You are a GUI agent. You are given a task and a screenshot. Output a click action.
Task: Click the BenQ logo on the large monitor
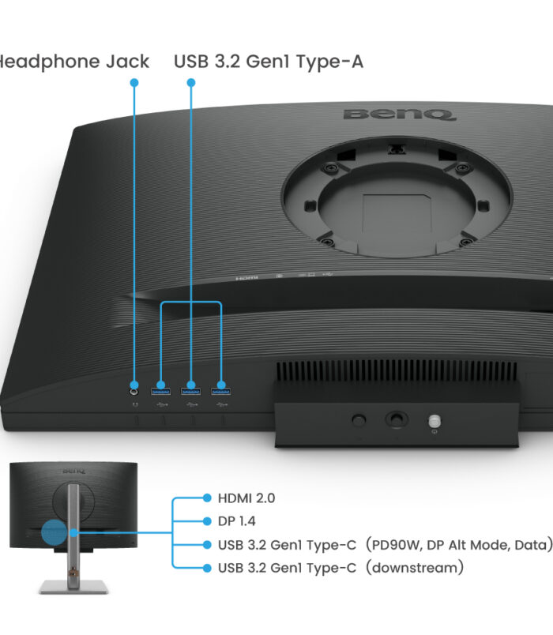(x=400, y=115)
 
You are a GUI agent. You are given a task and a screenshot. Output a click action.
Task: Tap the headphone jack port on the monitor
(x=134, y=392)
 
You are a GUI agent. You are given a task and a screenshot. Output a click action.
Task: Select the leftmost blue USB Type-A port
(x=160, y=392)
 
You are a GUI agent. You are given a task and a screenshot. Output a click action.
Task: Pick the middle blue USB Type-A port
(x=191, y=392)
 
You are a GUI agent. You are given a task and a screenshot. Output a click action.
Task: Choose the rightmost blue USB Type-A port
(x=220, y=392)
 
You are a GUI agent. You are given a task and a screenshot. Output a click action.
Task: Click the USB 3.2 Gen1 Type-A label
(x=268, y=62)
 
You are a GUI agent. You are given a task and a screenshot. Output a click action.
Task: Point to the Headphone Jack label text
(x=74, y=62)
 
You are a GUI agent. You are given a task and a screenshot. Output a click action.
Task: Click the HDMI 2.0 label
(x=246, y=498)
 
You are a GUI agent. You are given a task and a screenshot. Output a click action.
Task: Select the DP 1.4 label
(x=236, y=521)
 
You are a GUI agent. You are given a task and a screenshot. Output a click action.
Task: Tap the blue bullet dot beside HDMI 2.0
(x=207, y=498)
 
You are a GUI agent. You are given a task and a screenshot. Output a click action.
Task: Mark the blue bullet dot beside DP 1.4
(x=207, y=521)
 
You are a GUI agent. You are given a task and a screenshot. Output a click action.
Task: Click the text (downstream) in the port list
(x=415, y=568)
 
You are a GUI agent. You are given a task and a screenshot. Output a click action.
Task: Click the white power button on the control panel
(x=434, y=422)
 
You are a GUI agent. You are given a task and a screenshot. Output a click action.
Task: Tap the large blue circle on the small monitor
(x=55, y=532)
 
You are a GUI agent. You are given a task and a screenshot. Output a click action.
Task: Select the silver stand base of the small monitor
(x=73, y=586)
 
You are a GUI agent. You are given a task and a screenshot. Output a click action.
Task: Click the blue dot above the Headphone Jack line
(x=134, y=83)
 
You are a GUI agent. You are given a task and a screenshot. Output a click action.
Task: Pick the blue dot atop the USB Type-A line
(x=191, y=83)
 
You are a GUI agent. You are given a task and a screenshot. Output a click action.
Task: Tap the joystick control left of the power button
(x=397, y=419)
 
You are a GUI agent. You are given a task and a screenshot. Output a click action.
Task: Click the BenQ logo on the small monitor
(x=73, y=471)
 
